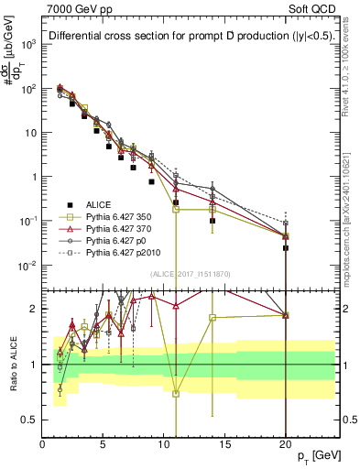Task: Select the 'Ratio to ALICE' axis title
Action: coord(12,364)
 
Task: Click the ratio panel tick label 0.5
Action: coord(31,420)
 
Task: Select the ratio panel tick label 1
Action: coord(35,364)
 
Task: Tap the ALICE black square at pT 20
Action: coord(286,247)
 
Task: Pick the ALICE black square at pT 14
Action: coord(213,221)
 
